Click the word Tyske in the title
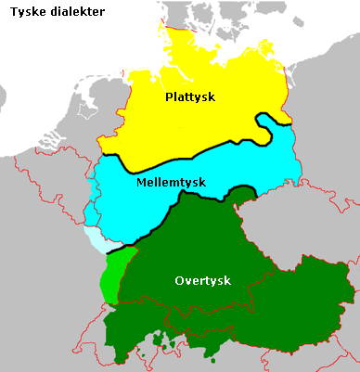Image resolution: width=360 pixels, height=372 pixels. click(26, 12)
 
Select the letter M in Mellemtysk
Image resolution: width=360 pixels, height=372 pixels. click(141, 182)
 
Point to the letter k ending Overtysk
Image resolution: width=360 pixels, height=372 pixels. click(226, 280)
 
